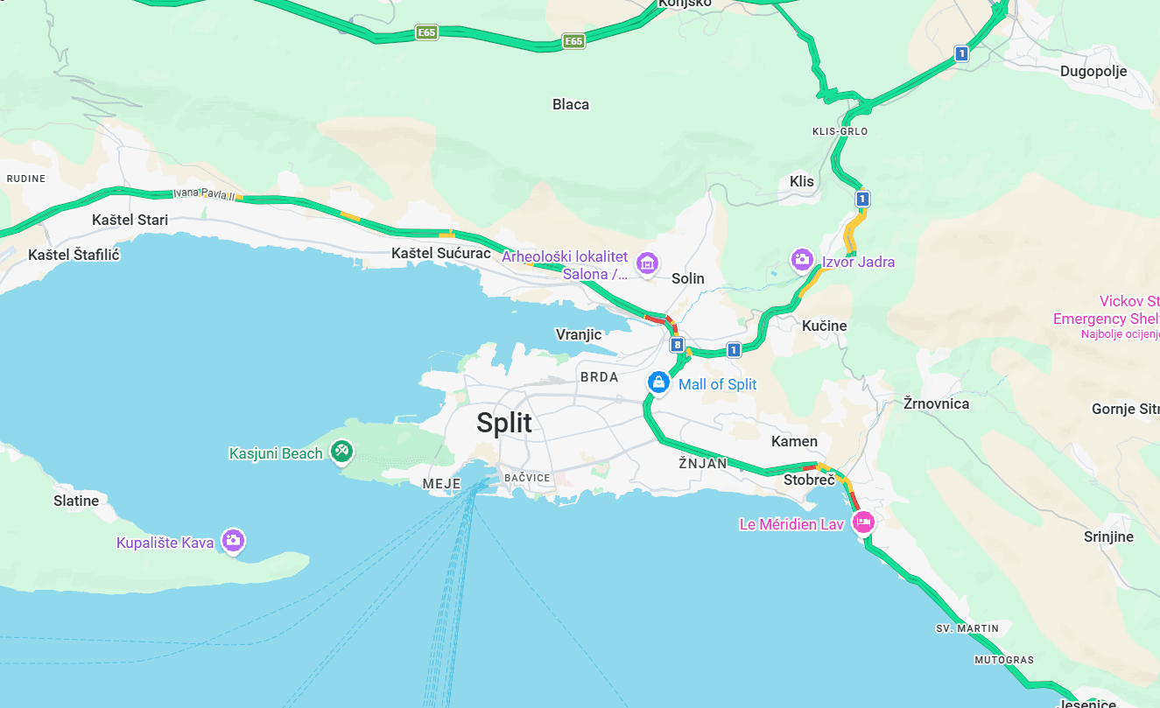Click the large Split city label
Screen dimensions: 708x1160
(504, 424)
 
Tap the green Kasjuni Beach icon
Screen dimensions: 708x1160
(341, 452)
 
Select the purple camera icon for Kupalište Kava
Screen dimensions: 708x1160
(232, 540)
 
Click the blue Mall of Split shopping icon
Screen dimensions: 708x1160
(657, 382)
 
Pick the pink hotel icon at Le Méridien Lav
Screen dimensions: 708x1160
(863, 522)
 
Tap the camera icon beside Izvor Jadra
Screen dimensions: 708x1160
(801, 260)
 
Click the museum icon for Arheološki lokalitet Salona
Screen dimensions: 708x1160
(647, 263)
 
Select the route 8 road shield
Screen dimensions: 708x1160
(677, 345)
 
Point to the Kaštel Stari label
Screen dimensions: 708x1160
(130, 220)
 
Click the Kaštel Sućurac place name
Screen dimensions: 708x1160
(440, 253)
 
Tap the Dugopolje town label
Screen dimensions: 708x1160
(1093, 72)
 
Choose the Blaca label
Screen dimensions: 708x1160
(571, 104)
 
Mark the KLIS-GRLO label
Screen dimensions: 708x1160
(840, 131)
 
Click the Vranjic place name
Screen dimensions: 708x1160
(579, 334)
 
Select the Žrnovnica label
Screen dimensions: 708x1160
(936, 403)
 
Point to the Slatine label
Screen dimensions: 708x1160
(76, 501)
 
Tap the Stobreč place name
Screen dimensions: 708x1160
(809, 480)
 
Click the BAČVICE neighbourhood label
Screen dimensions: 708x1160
(527, 478)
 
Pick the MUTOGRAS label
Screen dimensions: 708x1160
(1004, 659)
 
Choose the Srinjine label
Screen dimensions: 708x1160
(1108, 536)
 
